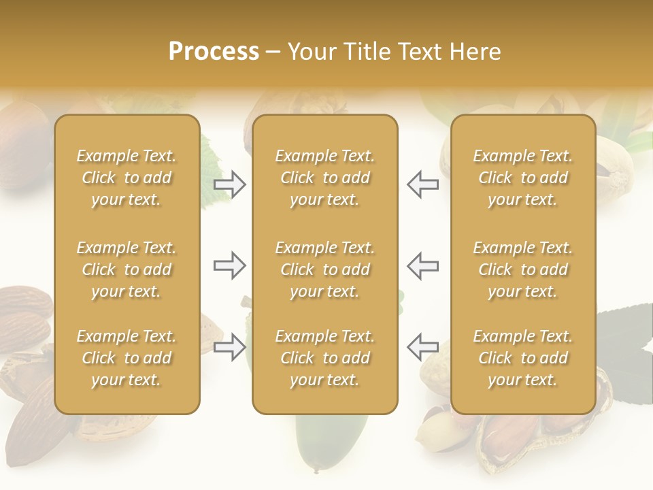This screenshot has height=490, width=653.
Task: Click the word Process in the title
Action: click(x=214, y=52)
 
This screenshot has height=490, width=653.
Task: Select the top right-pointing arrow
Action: click(x=230, y=184)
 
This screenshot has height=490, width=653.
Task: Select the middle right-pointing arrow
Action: click(x=230, y=265)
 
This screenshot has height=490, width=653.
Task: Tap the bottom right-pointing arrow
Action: click(x=230, y=347)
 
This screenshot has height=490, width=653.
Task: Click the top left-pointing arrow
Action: click(x=422, y=184)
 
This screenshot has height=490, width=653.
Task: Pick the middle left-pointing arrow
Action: click(x=422, y=265)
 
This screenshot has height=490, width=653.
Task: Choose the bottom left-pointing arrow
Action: click(x=422, y=347)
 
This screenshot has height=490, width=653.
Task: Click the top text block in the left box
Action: click(x=127, y=178)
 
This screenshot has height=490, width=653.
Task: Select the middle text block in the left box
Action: click(x=127, y=269)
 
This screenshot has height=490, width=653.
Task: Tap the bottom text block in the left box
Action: click(x=127, y=358)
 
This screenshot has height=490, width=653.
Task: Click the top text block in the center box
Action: click(x=324, y=178)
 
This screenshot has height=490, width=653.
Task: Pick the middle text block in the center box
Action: click(x=324, y=269)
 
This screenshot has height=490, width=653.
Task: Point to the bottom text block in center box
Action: click(x=324, y=358)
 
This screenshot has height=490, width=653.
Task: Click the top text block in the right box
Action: click(x=523, y=178)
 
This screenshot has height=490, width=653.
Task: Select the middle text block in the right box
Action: click(x=523, y=269)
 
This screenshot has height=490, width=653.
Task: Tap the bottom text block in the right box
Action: click(x=523, y=358)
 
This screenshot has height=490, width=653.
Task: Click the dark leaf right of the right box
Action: click(x=622, y=333)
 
